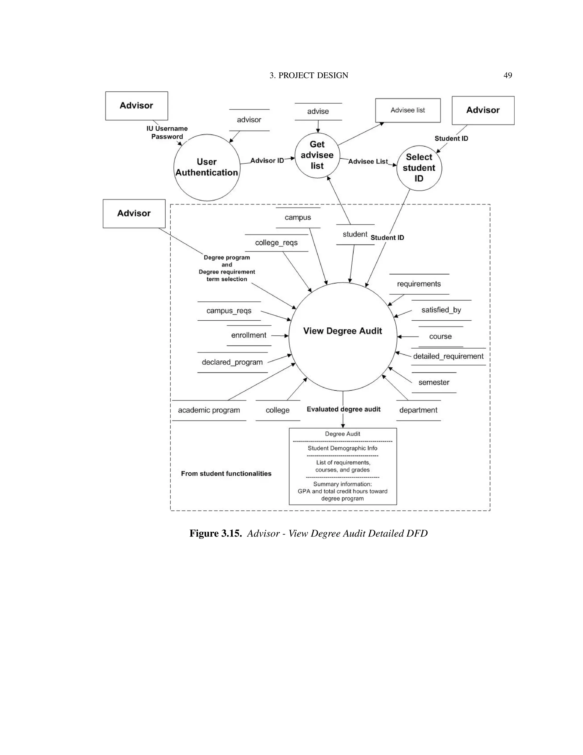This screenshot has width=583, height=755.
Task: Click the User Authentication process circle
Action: click(207, 167)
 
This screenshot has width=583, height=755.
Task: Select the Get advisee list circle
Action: click(317, 155)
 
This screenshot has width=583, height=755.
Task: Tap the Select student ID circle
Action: click(419, 168)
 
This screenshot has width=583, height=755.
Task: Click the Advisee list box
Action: click(408, 110)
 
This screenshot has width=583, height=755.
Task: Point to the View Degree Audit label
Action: click(343, 331)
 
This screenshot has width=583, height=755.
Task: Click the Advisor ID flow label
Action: click(267, 160)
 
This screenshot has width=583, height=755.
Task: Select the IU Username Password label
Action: click(167, 132)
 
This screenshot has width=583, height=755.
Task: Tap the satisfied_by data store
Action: click(441, 310)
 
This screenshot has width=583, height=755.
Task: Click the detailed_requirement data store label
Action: click(448, 356)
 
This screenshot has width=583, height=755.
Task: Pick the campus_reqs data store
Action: click(229, 311)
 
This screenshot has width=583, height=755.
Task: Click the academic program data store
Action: click(209, 410)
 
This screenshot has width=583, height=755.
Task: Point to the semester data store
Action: click(434, 382)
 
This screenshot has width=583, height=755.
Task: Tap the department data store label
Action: click(418, 410)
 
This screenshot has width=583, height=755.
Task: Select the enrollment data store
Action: click(249, 335)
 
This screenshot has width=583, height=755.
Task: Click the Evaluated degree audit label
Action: click(344, 409)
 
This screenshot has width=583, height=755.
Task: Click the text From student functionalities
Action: click(226, 474)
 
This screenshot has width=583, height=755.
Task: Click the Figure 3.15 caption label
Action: click(215, 533)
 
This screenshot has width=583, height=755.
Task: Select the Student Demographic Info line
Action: click(343, 448)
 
